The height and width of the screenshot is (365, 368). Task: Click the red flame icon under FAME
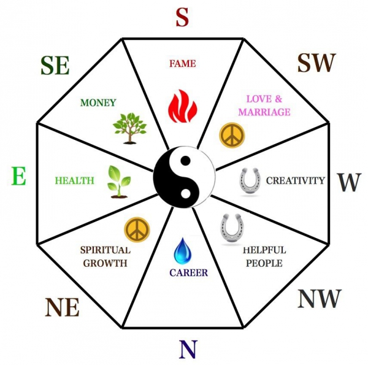[183, 106]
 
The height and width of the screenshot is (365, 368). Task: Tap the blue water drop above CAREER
[183, 251]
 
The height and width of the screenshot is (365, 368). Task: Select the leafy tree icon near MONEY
[129, 128]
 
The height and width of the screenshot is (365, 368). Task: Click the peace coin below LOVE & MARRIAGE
[232, 135]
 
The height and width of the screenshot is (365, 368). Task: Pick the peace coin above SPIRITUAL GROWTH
[137, 230]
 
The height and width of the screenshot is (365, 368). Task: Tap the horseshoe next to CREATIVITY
[250, 181]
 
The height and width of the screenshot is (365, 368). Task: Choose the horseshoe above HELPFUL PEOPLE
[232, 228]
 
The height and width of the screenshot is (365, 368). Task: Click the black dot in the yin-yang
[186, 161]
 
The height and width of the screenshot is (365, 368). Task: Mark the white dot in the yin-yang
[185, 194]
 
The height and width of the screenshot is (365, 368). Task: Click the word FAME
[183, 64]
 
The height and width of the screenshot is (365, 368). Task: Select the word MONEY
[98, 102]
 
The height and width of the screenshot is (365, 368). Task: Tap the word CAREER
[189, 273]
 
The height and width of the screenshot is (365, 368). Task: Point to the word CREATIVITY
[296, 180]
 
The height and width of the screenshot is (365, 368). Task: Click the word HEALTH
[74, 180]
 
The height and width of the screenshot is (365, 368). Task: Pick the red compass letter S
[182, 17]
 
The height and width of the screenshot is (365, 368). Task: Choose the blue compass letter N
[188, 349]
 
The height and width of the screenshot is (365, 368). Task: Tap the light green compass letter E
[19, 176]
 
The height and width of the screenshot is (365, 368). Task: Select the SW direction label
[317, 63]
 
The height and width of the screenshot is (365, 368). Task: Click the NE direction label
[62, 307]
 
